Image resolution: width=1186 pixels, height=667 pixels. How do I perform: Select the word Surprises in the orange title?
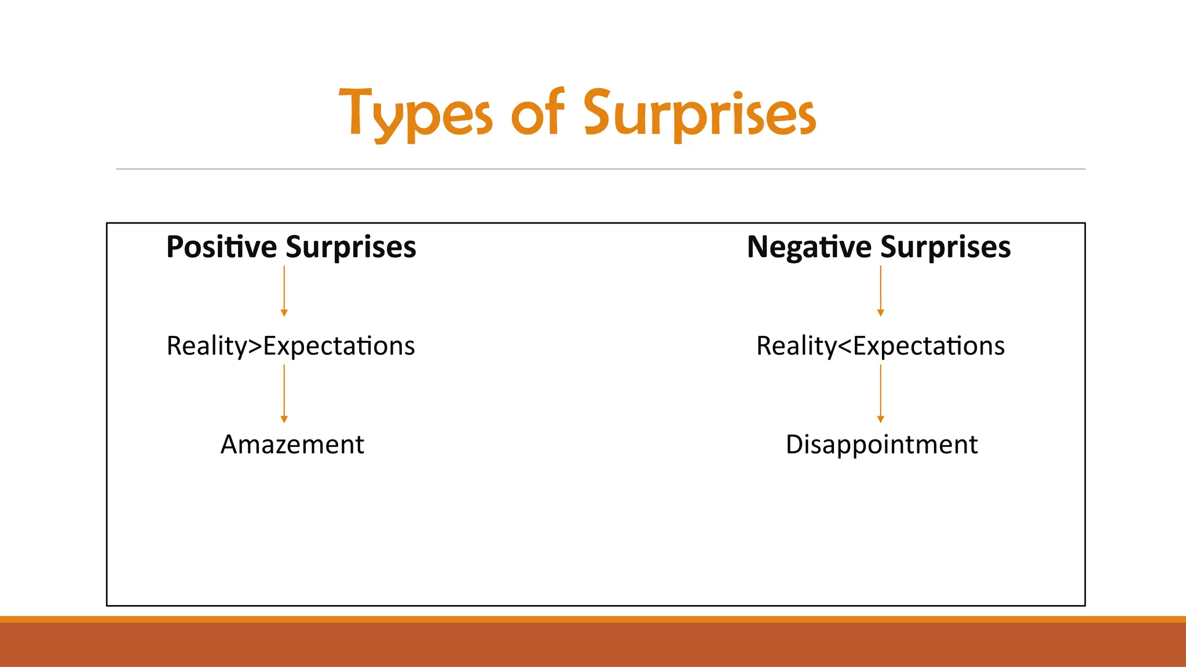tap(700, 113)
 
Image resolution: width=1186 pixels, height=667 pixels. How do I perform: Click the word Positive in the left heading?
tap(222, 247)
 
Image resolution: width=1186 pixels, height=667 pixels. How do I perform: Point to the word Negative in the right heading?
tap(809, 247)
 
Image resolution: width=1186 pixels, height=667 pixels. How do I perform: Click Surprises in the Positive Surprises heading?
tap(351, 247)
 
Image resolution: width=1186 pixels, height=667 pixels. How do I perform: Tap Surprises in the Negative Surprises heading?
tap(946, 247)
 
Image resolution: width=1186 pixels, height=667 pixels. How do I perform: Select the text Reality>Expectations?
tap(291, 346)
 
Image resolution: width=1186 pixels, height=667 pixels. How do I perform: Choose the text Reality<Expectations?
tap(880, 346)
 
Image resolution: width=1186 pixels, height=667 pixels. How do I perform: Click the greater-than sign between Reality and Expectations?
tap(255, 346)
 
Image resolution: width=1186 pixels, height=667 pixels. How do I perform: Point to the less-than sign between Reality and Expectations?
tap(845, 346)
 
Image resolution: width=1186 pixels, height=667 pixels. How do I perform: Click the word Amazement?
tap(292, 445)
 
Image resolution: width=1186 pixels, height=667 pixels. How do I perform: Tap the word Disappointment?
tap(881, 445)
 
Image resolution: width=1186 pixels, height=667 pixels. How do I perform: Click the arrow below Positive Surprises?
tap(284, 291)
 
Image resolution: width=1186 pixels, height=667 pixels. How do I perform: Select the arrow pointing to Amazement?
tap(284, 394)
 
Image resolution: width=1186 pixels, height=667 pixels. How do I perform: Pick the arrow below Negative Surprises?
tap(880, 291)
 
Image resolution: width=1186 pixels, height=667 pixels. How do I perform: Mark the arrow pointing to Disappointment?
tap(880, 394)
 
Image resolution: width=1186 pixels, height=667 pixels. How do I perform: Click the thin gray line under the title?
tap(601, 169)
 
